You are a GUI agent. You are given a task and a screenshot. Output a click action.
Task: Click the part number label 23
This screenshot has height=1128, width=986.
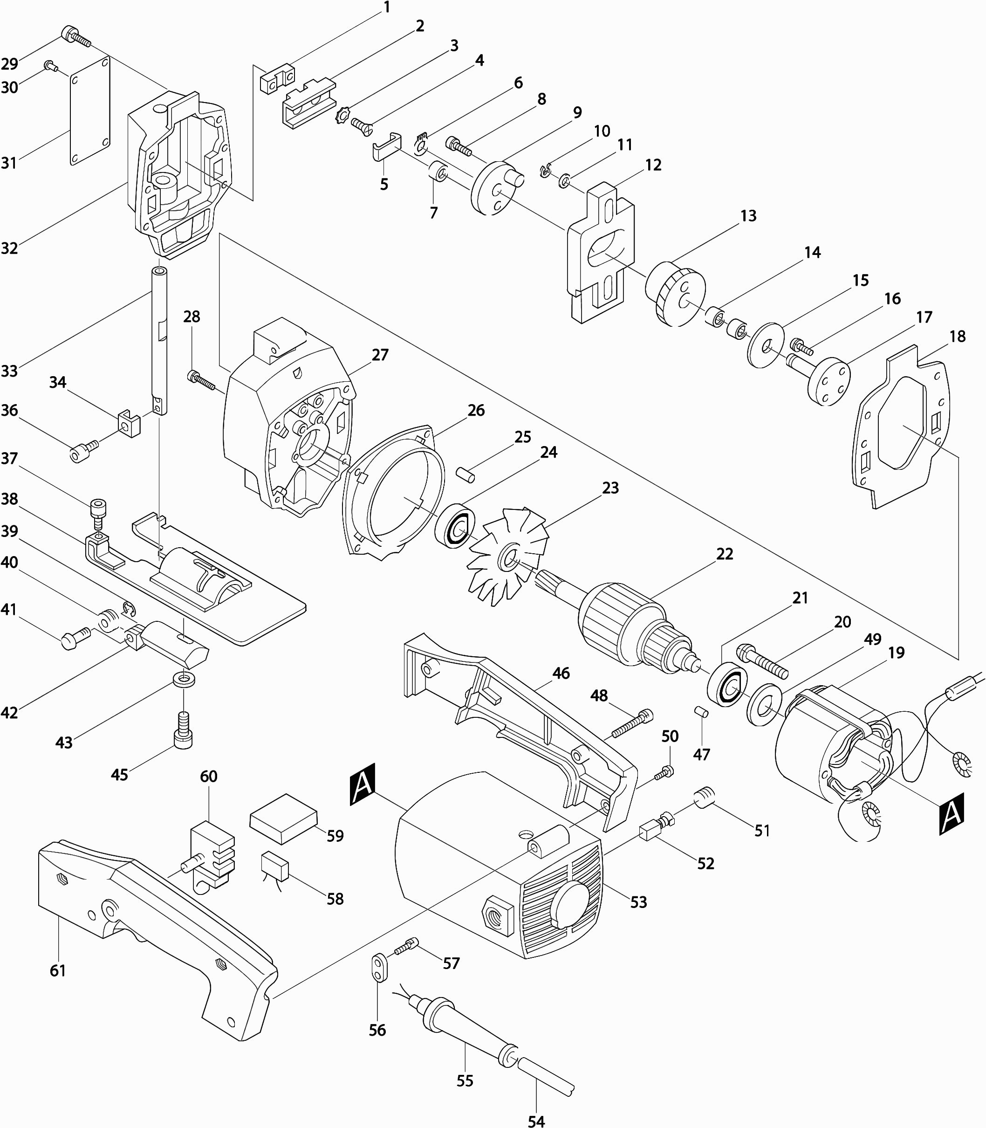pos(610,488)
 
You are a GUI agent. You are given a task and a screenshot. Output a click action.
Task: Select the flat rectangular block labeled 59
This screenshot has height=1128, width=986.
pos(283,818)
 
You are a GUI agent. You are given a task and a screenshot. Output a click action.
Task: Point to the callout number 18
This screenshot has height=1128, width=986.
pos(958,336)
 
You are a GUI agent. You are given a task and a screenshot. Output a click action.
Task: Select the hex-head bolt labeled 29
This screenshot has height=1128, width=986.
pos(76,36)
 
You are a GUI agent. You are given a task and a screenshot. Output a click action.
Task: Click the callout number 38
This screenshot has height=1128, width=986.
pos(9,499)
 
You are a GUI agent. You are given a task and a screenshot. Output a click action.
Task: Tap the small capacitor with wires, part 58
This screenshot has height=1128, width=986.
pos(275,867)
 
